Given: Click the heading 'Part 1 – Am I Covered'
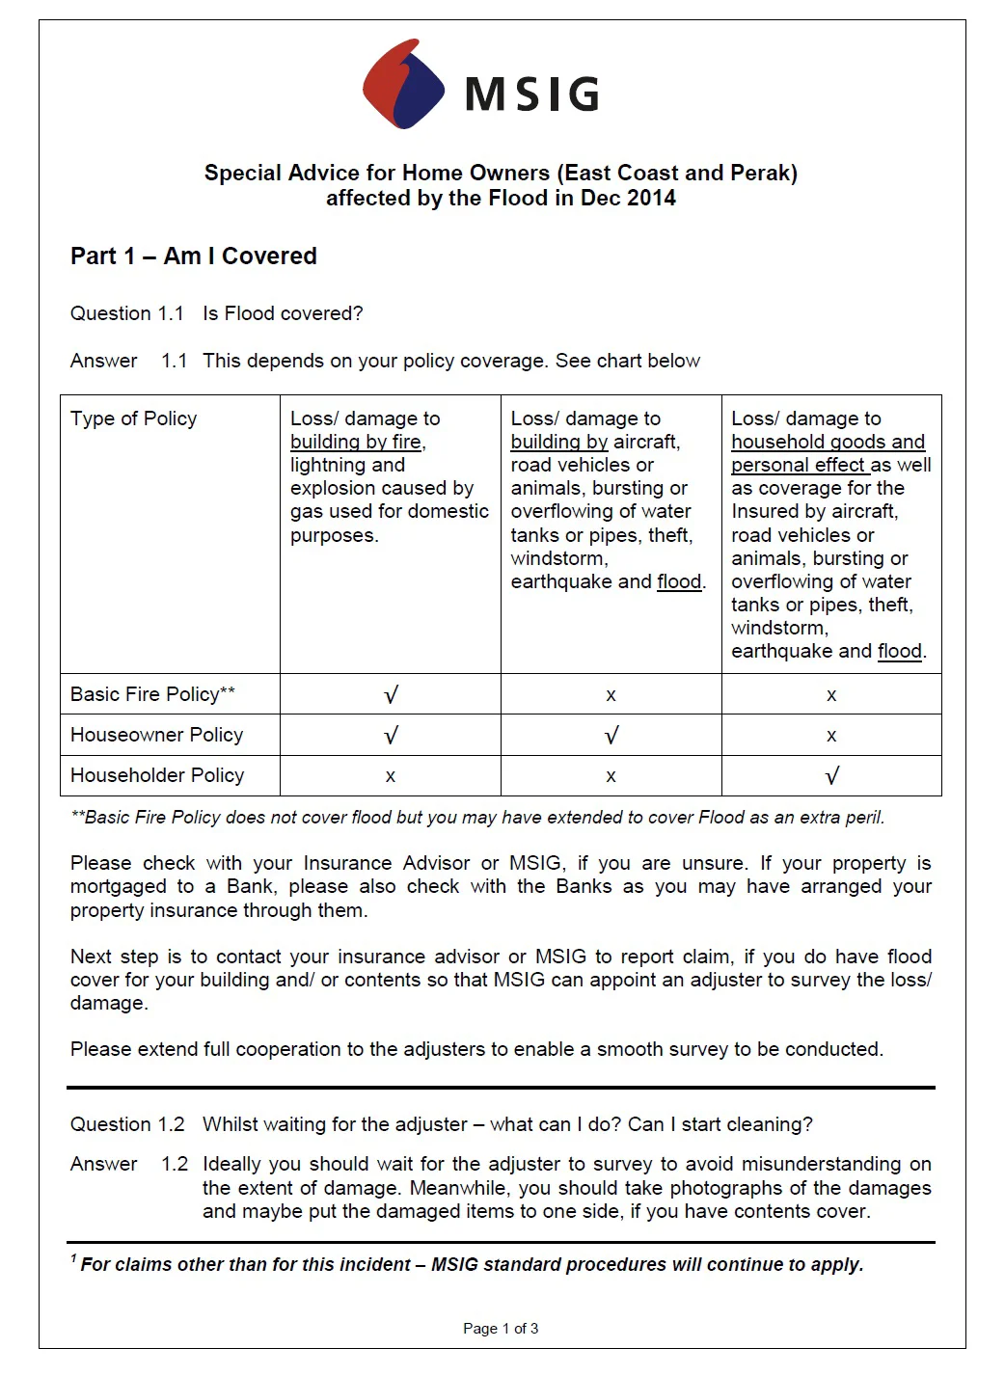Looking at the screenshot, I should click(193, 256).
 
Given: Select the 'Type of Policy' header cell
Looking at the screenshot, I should click(133, 418).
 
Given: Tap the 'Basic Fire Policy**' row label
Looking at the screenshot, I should click(152, 694).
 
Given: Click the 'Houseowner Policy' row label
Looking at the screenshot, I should click(156, 735).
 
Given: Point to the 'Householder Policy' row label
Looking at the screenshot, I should click(157, 775).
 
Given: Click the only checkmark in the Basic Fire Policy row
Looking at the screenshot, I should click(391, 695).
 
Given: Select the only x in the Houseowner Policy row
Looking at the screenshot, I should click(831, 736).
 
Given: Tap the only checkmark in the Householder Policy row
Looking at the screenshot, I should click(831, 776).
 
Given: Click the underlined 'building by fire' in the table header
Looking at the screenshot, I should click(356, 442).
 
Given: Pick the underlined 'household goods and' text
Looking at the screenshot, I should click(828, 442).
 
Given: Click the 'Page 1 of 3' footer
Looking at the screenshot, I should click(501, 1329).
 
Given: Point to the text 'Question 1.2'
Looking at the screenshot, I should click(127, 1124).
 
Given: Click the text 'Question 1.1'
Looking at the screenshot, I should click(127, 313).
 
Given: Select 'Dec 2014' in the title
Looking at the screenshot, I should click(629, 198).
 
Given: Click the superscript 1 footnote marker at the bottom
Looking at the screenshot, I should click(73, 1258).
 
